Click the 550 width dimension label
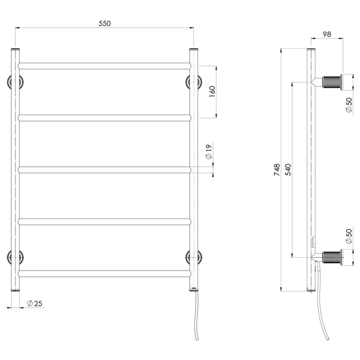pos(104,23)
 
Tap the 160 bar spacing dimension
pos(212,92)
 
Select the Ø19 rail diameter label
pos(209,152)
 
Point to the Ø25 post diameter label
pos(34,303)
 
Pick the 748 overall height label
pos(277,170)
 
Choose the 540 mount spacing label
pos(288,170)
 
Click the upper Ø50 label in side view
pos(349,105)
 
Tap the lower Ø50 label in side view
pos(349,237)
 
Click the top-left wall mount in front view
pos(15,82)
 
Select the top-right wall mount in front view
pos(194,82)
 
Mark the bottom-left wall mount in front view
pos(15,257)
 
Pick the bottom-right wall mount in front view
pos(194,257)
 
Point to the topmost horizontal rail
pos(104,66)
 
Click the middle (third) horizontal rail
pos(104,169)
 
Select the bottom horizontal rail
pos(104,273)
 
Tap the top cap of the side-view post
pos(311,50)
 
